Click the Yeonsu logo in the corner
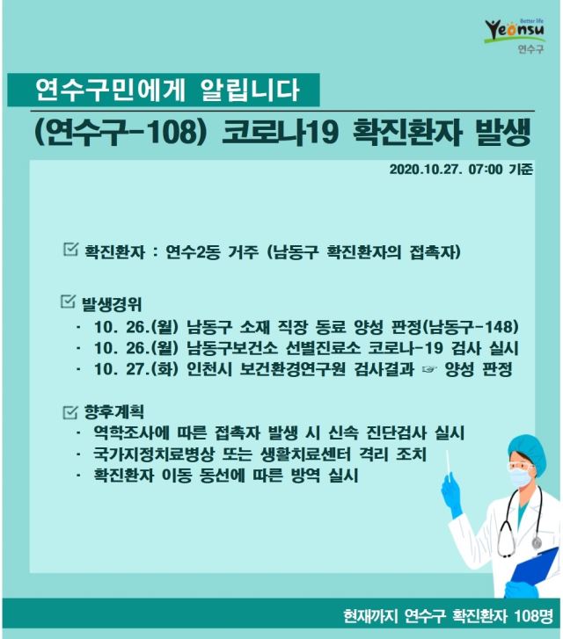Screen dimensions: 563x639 515,34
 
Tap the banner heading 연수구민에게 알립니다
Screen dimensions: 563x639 167,90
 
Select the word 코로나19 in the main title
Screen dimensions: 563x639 281,133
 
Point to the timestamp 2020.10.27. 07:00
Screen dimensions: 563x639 446,169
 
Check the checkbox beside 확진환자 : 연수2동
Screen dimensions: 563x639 70,249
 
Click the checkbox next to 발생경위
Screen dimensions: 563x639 68,301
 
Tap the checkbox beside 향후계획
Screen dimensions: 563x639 70,411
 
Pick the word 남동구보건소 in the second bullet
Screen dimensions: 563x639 232,348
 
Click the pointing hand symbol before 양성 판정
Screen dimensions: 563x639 429,370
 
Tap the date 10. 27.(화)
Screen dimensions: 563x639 136,369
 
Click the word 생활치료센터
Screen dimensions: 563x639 305,454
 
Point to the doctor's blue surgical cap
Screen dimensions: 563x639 527,449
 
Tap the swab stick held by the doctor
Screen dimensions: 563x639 449,465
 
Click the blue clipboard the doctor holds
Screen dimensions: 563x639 537,564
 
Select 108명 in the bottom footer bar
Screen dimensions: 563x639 533,615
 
